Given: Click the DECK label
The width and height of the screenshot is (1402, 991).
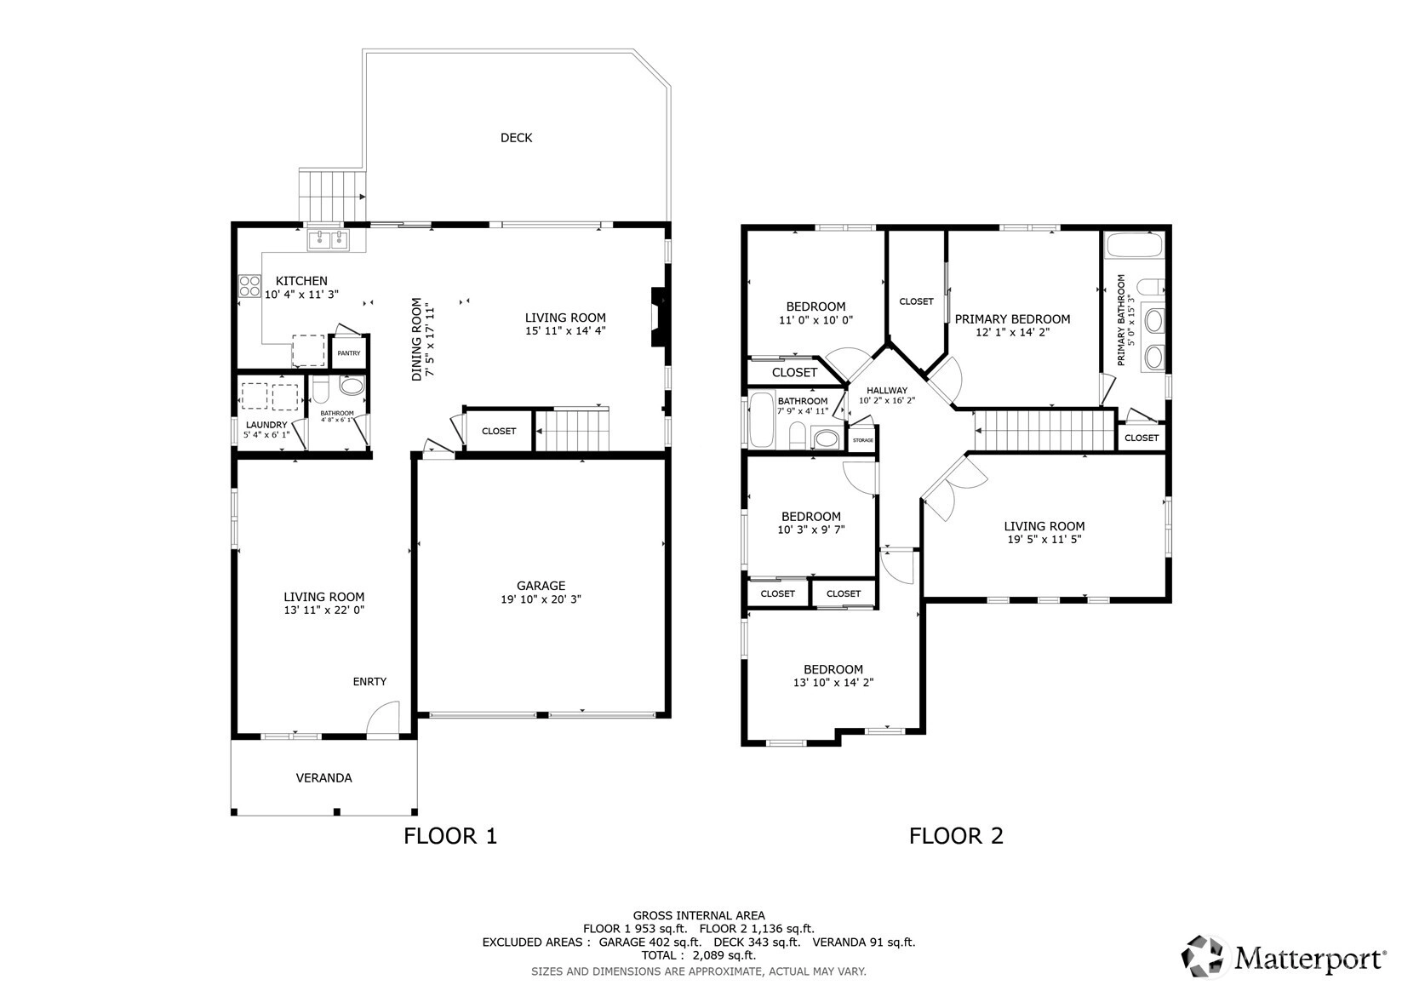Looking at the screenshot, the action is click(516, 138).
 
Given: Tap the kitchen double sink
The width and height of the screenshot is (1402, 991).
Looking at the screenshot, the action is click(329, 239).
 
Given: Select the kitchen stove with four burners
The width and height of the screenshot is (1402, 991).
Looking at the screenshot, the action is click(249, 286).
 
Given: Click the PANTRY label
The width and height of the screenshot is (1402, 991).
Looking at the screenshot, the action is click(349, 353).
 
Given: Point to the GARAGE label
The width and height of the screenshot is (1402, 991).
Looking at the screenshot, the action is click(541, 586).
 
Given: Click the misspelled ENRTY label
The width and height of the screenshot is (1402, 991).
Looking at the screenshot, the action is click(369, 682).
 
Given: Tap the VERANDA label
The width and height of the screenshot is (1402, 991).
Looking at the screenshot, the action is click(323, 778).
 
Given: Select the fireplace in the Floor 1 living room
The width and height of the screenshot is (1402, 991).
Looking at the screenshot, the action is click(659, 317).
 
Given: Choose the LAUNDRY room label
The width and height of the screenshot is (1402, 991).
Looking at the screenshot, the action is click(266, 425).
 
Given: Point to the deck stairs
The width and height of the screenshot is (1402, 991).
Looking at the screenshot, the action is click(332, 195).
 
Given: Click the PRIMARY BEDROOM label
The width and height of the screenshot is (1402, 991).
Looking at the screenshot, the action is click(1012, 319).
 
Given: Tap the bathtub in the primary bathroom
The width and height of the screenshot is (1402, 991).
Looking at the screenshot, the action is click(1135, 245).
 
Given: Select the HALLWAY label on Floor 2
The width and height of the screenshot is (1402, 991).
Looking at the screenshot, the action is click(887, 391).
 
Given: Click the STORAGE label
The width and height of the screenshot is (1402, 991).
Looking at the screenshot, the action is click(862, 440).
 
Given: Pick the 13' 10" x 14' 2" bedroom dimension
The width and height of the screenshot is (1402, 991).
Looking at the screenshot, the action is click(833, 683).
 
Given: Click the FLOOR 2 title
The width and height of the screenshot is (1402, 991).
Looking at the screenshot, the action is click(956, 836).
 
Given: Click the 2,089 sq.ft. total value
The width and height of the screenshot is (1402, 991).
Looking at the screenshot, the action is click(724, 955).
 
